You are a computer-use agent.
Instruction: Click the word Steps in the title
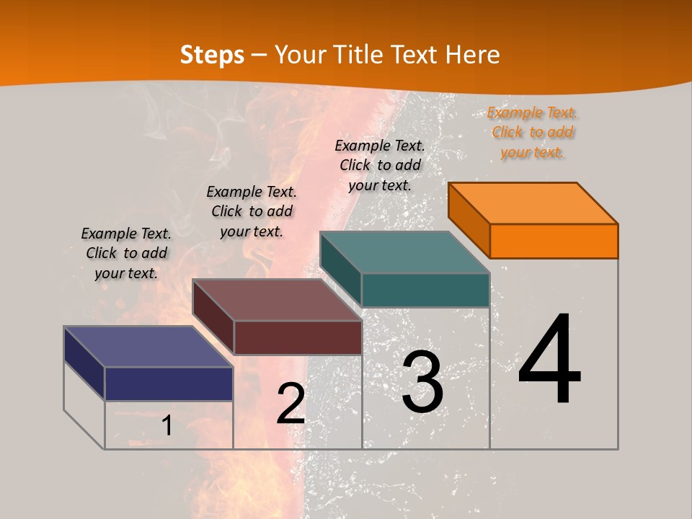(x=212, y=55)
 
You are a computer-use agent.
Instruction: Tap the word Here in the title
(x=472, y=55)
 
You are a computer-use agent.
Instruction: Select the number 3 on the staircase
(x=422, y=382)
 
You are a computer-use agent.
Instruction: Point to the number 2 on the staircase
(x=290, y=404)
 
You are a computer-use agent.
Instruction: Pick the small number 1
(x=167, y=425)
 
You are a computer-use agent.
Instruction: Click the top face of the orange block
(x=533, y=203)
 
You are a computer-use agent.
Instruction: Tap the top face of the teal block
(x=405, y=252)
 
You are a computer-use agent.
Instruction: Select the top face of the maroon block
(x=277, y=300)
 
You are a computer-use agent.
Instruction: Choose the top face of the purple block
(x=148, y=347)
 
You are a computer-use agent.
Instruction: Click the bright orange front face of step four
(x=554, y=241)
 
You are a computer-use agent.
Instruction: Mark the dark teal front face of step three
(x=425, y=290)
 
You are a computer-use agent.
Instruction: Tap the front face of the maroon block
(x=298, y=337)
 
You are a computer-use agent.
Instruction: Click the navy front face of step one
(x=169, y=383)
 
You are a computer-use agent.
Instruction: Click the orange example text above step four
(x=532, y=133)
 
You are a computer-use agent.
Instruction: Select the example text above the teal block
(x=380, y=165)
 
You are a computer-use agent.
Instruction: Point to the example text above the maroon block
(x=252, y=211)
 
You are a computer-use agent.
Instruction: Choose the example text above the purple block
(x=126, y=253)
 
